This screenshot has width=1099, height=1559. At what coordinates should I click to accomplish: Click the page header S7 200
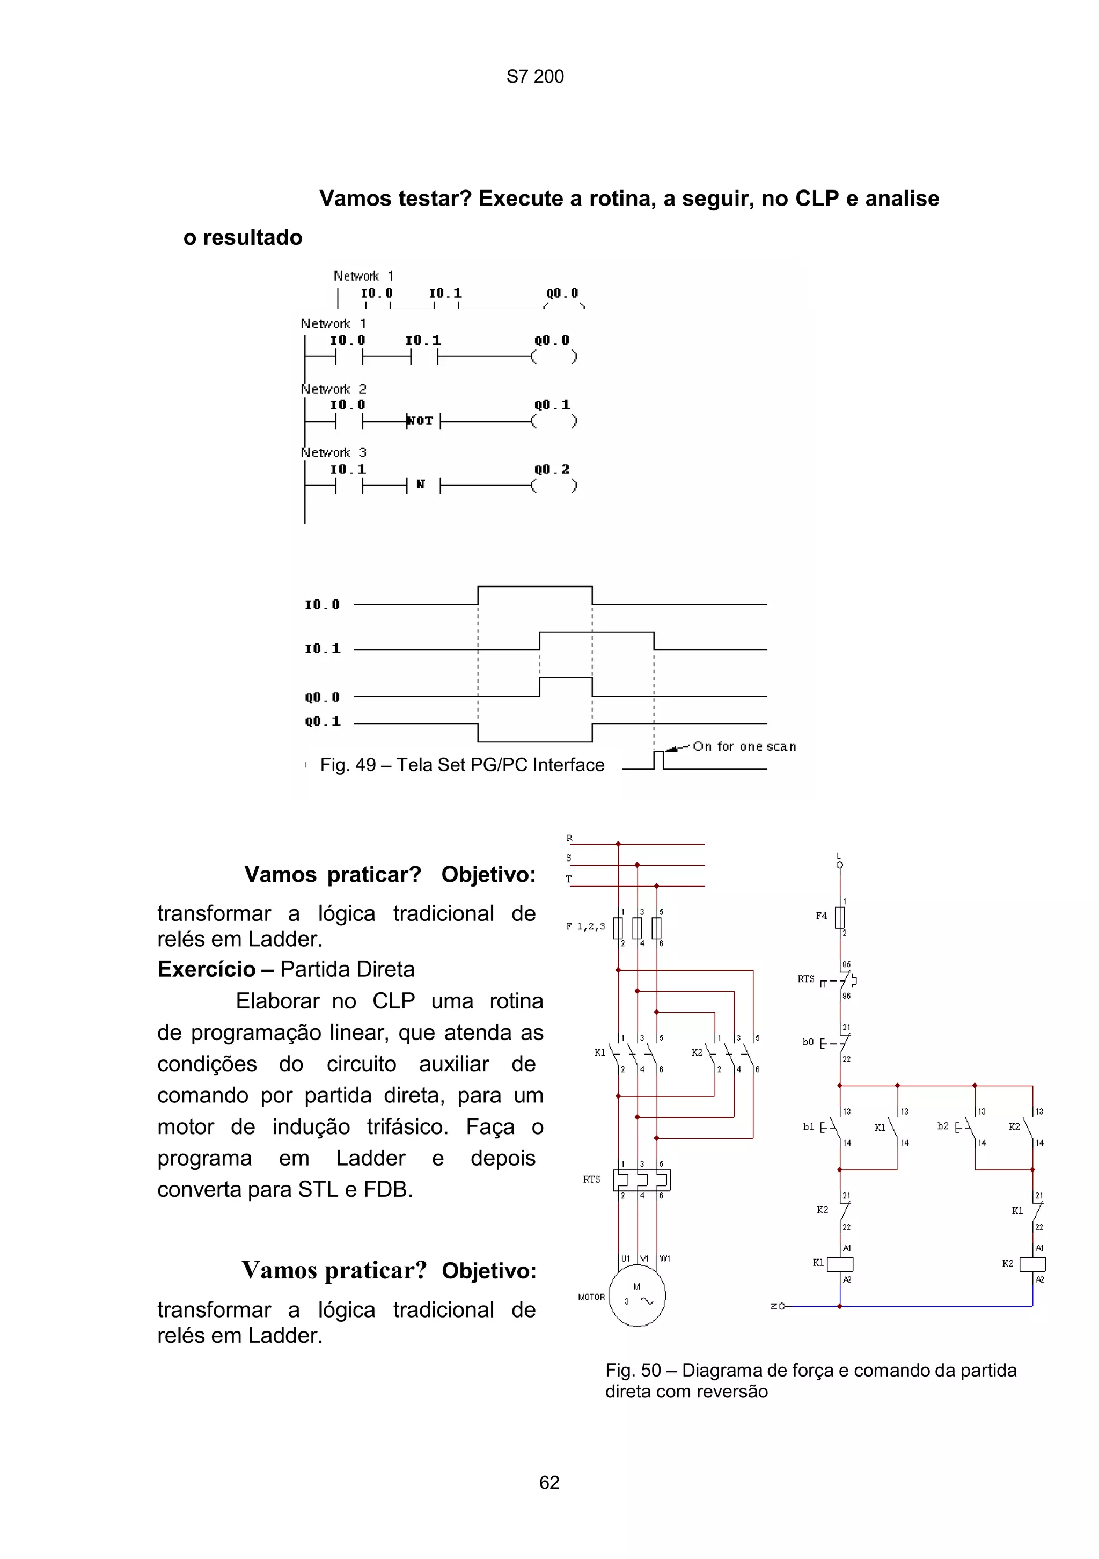(535, 77)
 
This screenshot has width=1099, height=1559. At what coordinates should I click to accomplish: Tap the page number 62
(549, 1482)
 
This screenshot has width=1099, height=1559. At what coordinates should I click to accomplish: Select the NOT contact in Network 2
(420, 421)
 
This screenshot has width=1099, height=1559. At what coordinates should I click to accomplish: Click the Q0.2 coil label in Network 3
(551, 469)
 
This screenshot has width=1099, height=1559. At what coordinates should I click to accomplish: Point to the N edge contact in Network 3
(421, 485)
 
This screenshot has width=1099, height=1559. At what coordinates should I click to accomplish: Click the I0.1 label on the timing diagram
(323, 648)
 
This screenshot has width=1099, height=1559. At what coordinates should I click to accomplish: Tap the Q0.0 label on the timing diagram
(323, 697)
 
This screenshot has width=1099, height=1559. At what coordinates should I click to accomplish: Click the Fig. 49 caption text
(462, 765)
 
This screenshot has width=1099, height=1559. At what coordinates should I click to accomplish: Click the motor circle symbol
(637, 1296)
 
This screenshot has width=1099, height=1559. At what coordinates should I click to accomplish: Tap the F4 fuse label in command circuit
(822, 916)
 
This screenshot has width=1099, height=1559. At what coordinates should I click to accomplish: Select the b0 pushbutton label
(808, 1042)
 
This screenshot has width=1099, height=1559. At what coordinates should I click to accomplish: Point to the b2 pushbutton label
(943, 1126)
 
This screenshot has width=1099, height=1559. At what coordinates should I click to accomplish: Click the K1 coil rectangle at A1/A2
(840, 1264)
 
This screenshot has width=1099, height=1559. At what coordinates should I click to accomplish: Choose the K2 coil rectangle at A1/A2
(1032, 1264)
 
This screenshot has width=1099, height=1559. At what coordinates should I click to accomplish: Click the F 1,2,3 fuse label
(585, 926)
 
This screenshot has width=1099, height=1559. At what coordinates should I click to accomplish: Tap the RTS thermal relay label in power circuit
(591, 1180)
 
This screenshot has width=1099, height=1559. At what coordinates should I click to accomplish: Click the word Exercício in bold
(207, 969)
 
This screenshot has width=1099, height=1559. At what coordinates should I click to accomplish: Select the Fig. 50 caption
(810, 1380)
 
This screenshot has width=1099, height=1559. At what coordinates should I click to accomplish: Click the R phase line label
(569, 839)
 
